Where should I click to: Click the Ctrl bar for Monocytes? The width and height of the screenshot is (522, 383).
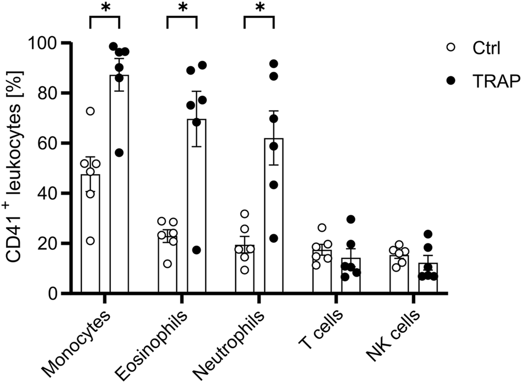(90, 239)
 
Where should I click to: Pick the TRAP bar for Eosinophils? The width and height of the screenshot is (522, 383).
(197, 212)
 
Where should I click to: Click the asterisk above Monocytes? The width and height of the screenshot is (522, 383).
(104, 8)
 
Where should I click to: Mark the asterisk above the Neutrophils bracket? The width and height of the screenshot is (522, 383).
(259, 8)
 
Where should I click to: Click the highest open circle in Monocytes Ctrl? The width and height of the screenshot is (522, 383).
(90, 111)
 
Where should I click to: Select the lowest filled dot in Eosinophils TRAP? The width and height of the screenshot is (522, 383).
(196, 250)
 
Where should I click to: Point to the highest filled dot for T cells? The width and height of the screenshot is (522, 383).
(350, 219)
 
